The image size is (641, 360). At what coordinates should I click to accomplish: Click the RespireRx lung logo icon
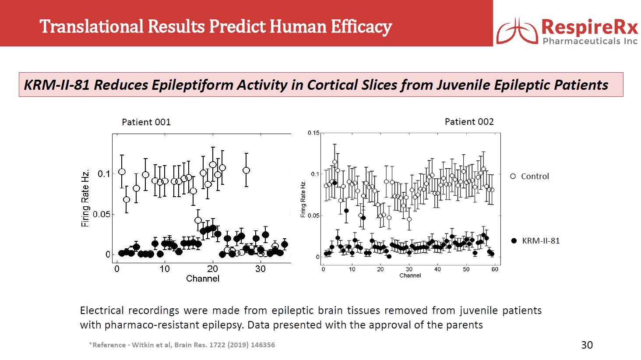(517, 31)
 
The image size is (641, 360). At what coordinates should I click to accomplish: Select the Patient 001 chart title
(146, 122)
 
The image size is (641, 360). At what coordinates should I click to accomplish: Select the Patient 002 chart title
(469, 122)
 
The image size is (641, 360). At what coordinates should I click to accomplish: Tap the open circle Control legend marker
(513, 176)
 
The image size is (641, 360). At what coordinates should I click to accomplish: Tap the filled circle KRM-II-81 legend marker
(514, 241)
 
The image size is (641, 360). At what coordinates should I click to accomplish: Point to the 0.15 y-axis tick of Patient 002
(313, 133)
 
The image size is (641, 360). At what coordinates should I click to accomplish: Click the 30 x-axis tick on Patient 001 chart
(261, 269)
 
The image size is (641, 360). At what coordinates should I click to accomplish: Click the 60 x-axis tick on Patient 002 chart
(495, 269)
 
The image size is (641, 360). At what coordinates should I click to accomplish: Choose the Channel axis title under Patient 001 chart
(203, 279)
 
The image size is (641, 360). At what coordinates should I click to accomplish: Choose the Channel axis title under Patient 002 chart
(410, 275)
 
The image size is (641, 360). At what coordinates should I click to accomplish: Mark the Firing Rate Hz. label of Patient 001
(85, 198)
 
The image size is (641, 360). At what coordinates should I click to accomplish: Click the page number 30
(587, 345)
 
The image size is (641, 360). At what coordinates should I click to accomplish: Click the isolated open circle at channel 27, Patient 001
(246, 170)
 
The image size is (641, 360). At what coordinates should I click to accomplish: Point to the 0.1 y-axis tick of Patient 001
(104, 174)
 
